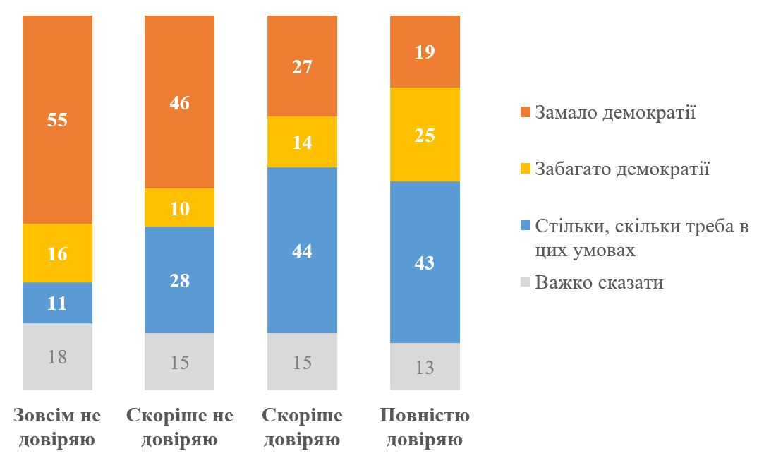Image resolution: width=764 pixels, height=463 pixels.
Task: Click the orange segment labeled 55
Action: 57,119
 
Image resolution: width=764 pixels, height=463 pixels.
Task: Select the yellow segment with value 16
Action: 57,253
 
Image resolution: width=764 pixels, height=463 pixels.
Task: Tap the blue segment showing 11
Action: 57,303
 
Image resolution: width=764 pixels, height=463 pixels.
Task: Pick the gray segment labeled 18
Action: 57,356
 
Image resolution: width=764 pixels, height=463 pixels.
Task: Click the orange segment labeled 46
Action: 179,102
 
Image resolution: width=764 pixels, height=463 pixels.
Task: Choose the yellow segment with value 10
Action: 179,208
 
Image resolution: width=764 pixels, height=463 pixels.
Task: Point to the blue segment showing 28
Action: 179,279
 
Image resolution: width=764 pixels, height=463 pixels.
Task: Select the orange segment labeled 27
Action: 302,66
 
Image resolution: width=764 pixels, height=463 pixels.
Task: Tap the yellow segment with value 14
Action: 302,142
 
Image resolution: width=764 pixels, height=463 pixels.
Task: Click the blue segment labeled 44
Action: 302,250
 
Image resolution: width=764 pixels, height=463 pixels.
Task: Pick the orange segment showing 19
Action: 425,52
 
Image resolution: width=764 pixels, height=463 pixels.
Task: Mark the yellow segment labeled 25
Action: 425,134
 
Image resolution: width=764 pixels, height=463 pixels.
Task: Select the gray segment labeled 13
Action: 425,366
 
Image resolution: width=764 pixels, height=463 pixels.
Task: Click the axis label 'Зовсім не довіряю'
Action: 57,428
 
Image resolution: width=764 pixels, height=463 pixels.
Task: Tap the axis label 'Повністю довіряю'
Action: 425,428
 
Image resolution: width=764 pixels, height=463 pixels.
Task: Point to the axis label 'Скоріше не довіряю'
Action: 179,428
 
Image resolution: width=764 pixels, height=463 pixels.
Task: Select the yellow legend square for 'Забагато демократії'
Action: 524,169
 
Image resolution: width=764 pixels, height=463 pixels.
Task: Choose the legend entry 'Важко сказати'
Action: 599,283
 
